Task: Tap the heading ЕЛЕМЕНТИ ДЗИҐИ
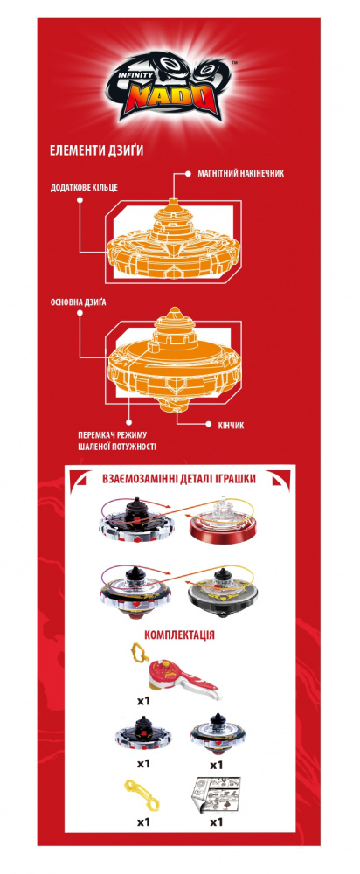[x=96, y=151]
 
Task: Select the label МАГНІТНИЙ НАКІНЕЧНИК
[x=241, y=173]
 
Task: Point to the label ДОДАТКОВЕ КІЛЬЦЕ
[x=83, y=188]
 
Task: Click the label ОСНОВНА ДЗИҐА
[x=78, y=302]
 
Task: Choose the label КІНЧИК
[x=228, y=425]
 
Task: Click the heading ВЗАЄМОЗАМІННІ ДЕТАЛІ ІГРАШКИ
[x=179, y=478]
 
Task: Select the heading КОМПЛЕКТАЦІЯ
[x=179, y=635]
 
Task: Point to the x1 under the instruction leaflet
[x=216, y=822]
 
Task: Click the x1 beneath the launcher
[x=143, y=698]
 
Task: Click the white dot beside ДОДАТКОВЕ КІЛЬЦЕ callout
[x=80, y=203]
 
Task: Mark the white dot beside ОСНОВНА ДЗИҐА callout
[x=80, y=314]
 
